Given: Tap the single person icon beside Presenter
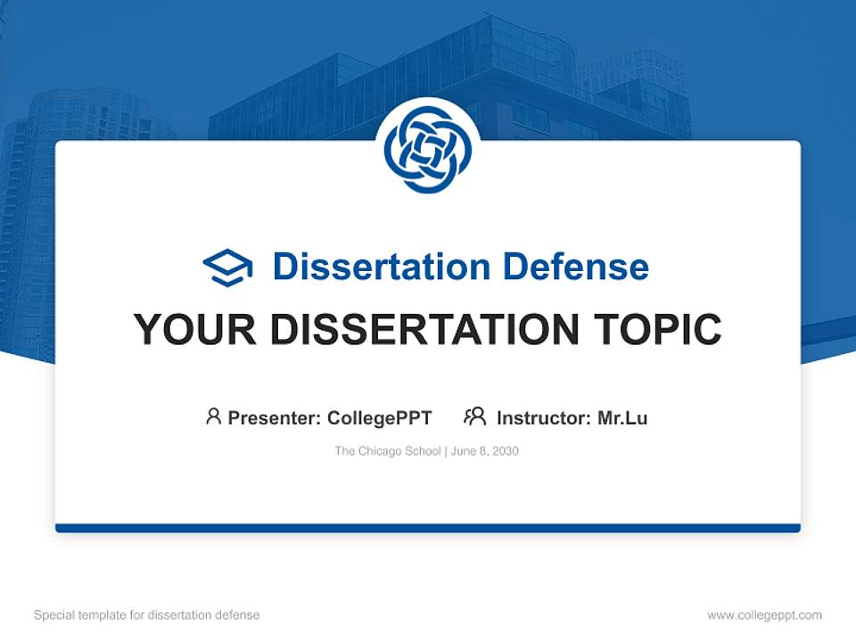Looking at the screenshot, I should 213,416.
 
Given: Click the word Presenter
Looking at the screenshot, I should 274,417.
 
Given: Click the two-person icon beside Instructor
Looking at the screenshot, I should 474,416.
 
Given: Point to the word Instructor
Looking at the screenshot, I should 542,417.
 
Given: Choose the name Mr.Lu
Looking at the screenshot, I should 622,417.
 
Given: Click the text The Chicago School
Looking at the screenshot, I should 388,451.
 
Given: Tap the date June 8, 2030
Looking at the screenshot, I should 485,451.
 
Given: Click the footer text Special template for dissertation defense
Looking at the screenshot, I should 147,614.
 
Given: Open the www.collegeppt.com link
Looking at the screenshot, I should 764,614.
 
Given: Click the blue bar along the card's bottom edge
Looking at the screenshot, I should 427,528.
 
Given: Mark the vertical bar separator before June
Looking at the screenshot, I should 446,451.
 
